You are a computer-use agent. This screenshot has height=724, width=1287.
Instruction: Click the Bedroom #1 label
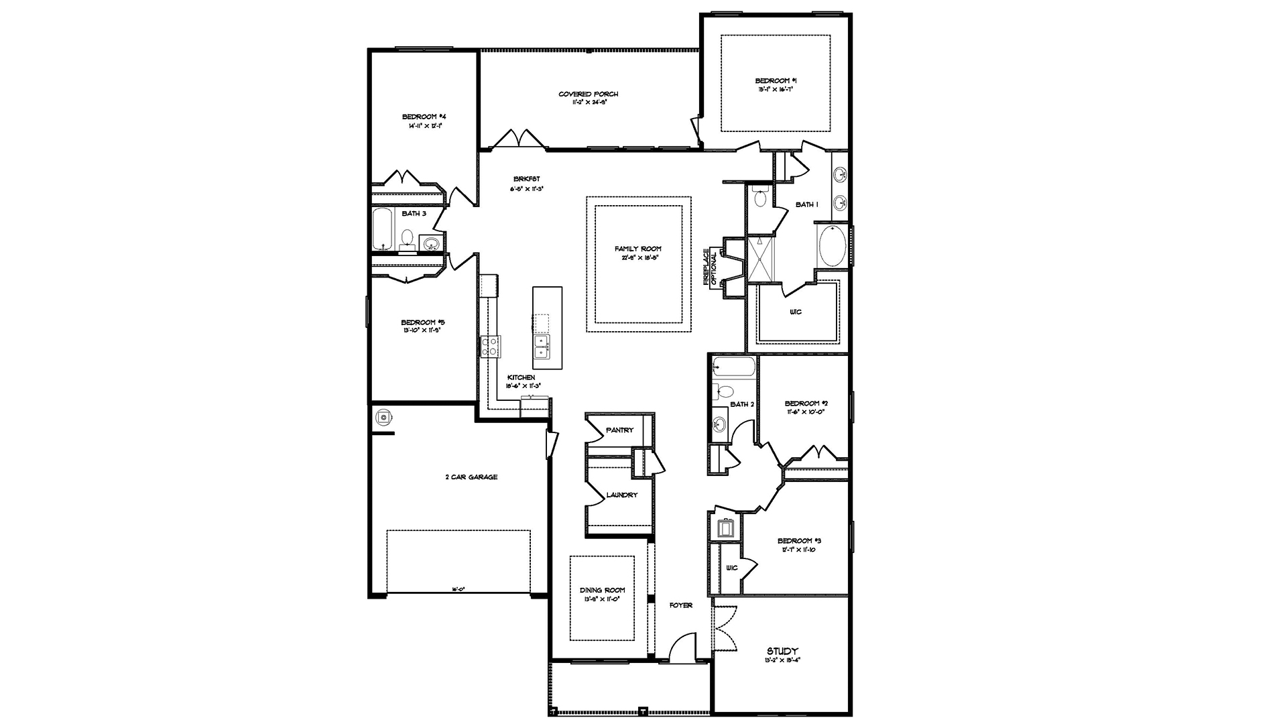[776, 80]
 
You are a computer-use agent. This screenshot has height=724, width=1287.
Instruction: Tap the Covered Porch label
[589, 95]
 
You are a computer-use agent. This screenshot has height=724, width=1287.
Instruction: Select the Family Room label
[638, 249]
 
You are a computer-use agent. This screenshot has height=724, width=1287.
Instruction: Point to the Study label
[782, 651]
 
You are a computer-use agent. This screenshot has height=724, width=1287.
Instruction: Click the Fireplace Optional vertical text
[710, 267]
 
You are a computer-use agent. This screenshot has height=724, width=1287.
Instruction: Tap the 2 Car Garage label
[472, 477]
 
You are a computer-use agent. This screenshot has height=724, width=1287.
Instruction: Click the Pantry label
[619, 430]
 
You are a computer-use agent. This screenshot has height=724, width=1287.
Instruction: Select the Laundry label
[621, 495]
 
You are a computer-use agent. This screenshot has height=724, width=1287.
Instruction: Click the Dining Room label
[602, 591]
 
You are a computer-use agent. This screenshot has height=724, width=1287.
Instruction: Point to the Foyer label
[681, 605]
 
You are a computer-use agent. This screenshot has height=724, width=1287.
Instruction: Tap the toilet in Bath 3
[408, 239]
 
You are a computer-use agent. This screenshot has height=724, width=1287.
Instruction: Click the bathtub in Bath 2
[734, 366]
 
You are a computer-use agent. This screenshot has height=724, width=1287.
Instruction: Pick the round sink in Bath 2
[719, 424]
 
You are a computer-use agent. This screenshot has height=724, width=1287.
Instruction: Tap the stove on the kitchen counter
[490, 347]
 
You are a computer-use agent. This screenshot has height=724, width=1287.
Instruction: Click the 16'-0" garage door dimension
[458, 589]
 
